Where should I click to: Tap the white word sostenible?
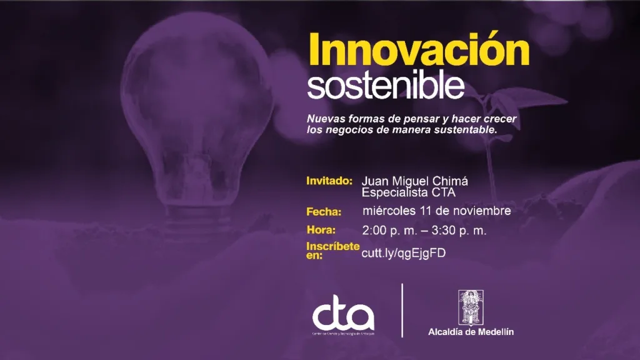pyautogui.click(x=386, y=87)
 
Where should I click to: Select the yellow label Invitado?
pyautogui.click(x=330, y=181)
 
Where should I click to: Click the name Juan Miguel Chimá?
pyautogui.click(x=415, y=181)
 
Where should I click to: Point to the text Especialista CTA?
pyautogui.click(x=409, y=192)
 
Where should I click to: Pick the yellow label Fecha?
pyautogui.click(x=324, y=211)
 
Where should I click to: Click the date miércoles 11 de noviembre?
pyautogui.click(x=436, y=211)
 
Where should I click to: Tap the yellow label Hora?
pyautogui.click(x=321, y=229)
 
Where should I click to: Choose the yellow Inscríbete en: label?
pyautogui.click(x=332, y=250)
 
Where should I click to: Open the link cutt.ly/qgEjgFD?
pyautogui.click(x=403, y=252)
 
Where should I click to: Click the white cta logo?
pyautogui.click(x=343, y=317)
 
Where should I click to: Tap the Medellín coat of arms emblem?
pyautogui.click(x=471, y=306)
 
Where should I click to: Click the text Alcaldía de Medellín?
pyautogui.click(x=471, y=332)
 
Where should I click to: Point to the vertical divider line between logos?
pyautogui.click(x=402, y=310)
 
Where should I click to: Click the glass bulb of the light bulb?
pyautogui.click(x=197, y=100)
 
